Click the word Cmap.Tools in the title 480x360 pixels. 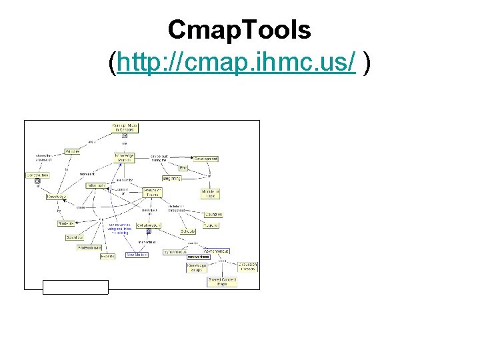pos(239,30)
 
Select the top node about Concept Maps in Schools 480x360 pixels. pos(124,127)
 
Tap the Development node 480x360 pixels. pos(206,159)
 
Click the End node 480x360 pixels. pos(183,168)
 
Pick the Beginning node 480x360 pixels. pos(171,178)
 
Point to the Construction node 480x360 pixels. pos(37,175)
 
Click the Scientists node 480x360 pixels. pos(75,237)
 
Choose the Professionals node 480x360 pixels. pos(89,247)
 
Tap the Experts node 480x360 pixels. pos(107,256)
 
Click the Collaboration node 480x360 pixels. pos(149,225)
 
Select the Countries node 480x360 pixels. pos(213,215)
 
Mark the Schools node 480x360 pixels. pos(187,231)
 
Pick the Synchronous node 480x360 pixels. pos(174,252)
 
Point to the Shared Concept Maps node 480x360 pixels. pos(222,282)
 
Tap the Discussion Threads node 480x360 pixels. pos(247,266)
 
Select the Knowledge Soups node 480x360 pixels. pos(197,267)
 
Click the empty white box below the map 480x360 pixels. pos(75,287)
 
